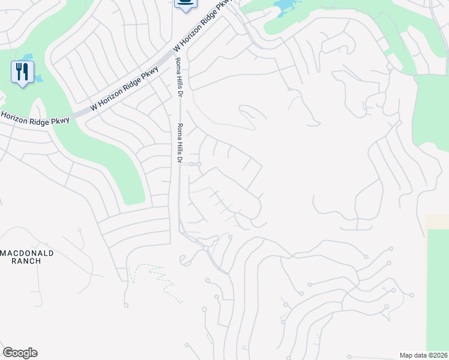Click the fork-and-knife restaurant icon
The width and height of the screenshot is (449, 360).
coord(22,73)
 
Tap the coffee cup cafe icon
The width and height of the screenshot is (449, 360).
coord(185,4)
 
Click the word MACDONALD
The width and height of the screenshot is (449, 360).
coord(27,253)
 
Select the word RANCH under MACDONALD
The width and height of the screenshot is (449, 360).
coord(27,261)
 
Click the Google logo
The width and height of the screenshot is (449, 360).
coord(20,353)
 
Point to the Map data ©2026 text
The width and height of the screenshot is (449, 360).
coord(423,355)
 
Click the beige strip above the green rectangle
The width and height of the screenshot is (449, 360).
coord(436,221)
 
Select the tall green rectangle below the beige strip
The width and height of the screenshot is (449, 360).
coord(438,288)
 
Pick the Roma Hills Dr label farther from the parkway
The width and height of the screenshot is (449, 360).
coord(178,143)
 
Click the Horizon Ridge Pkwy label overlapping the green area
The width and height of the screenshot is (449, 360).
coord(35,118)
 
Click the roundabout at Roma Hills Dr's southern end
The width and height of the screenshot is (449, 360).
coord(205,248)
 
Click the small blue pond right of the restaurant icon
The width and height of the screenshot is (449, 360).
coord(38,78)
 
